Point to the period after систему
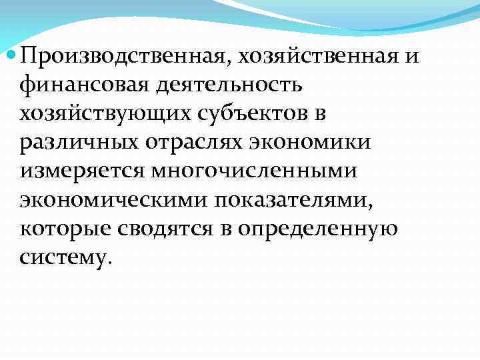pyautogui.click(x=102, y=261)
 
